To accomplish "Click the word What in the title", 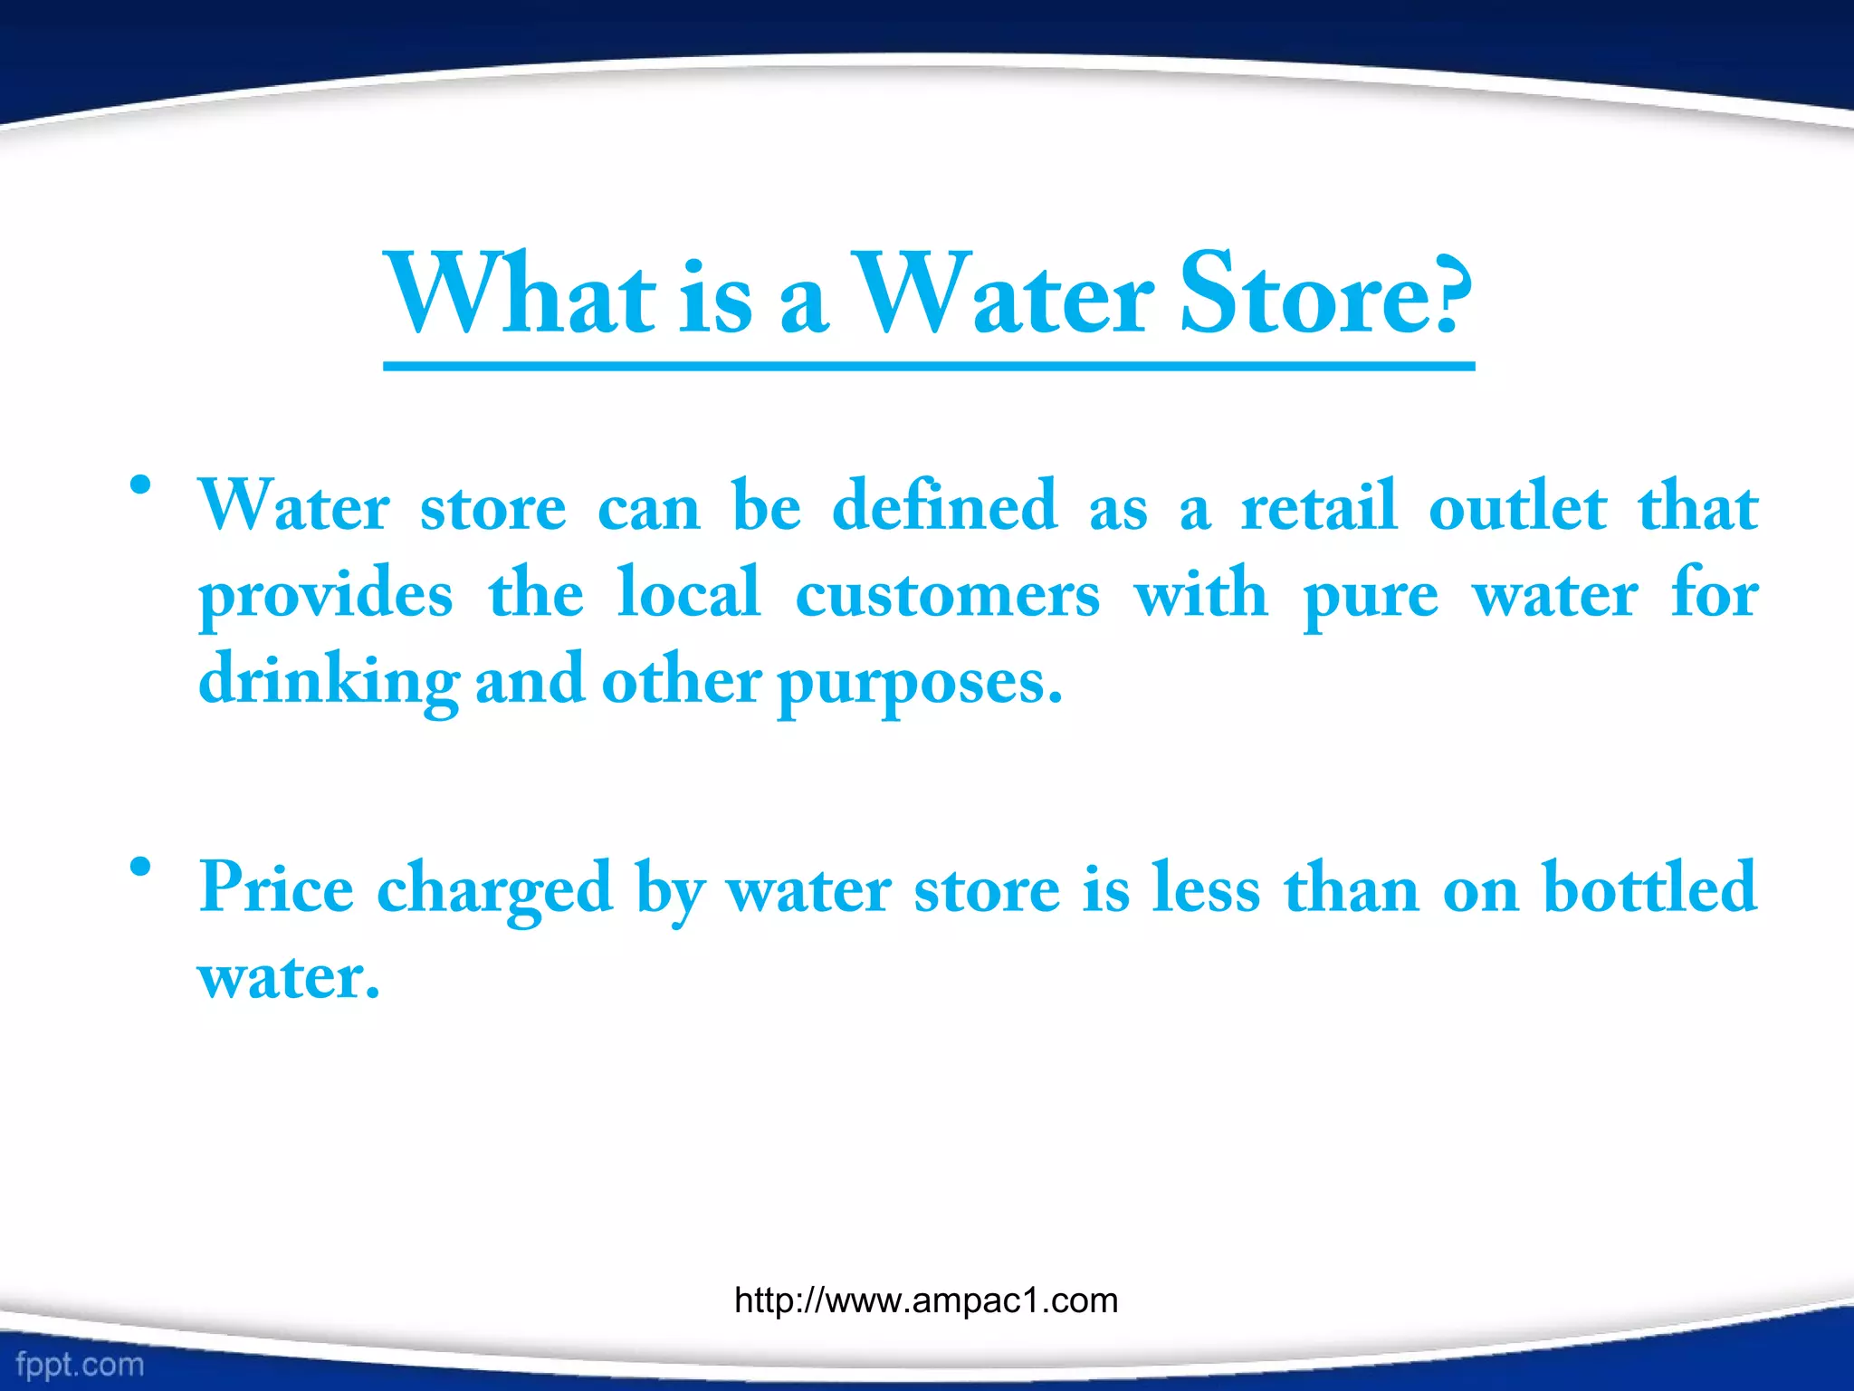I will coord(521,295).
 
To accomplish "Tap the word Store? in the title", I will coord(1326,295).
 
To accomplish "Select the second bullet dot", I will coord(139,867).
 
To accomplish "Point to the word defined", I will coord(944,505).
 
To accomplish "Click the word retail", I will coord(1319,505).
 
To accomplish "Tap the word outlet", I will coord(1518,505).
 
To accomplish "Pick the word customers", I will coord(948,594).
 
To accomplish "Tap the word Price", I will coord(276,887).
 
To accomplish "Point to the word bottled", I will coord(1649,887).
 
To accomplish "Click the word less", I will coord(1206,887).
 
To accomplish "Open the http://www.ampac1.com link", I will coord(926,1300).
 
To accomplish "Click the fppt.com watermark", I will coord(80,1364).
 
